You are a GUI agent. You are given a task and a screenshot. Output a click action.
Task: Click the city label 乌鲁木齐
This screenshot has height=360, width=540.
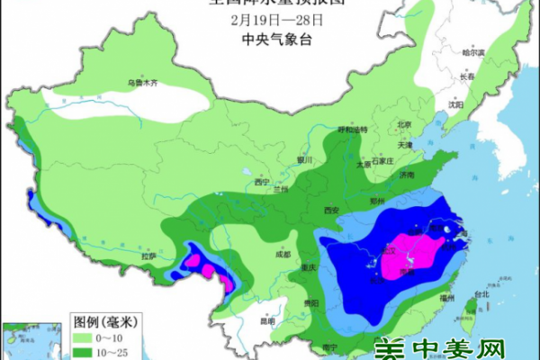tap(141, 83)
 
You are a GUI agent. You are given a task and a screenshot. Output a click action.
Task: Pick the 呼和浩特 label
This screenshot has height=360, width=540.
tap(352, 130)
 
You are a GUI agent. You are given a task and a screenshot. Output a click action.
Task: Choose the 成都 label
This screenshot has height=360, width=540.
tap(283, 255)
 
